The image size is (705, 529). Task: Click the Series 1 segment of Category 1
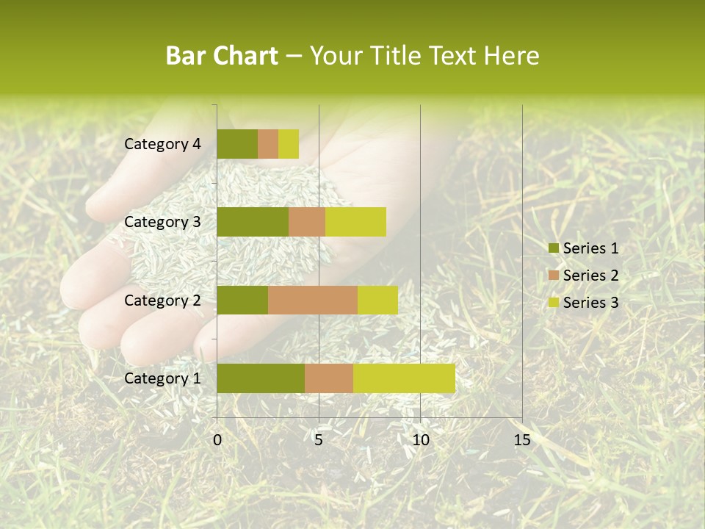point(261,378)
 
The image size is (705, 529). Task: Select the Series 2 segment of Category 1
point(329,378)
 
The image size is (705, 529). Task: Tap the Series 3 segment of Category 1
point(404,378)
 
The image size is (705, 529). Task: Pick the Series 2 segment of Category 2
point(313,300)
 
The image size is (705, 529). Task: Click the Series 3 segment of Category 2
point(377,300)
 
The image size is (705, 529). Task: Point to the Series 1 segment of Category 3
point(253,222)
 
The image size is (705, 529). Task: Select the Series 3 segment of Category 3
point(355,222)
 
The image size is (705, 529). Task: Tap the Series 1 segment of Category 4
point(237,144)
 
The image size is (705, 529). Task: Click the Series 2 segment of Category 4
point(268,144)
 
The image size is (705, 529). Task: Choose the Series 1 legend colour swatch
point(553,248)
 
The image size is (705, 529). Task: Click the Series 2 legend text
point(590,276)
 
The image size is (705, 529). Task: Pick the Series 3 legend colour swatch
point(553,302)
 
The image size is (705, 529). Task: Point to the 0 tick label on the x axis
point(217,440)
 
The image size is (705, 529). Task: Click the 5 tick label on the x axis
point(319,440)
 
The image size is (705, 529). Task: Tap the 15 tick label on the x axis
point(522,440)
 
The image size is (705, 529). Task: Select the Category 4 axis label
point(162,144)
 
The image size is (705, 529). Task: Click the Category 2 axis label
point(162,300)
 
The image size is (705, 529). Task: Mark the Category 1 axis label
point(162,378)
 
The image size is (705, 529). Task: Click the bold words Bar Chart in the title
point(222,56)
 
